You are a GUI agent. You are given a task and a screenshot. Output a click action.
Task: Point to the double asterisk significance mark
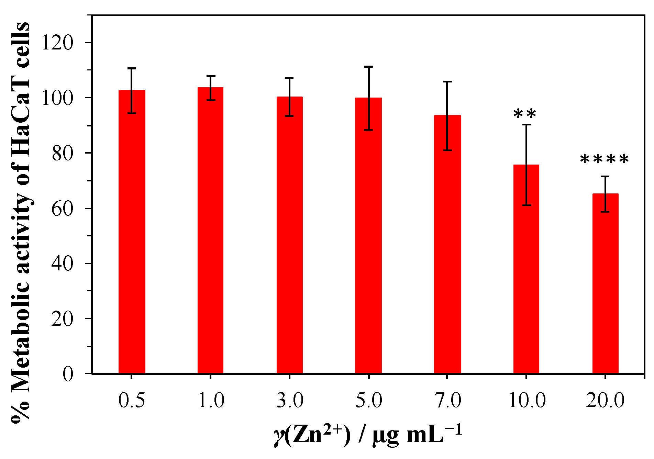coord(525,114)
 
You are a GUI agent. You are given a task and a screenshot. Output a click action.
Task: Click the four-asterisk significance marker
coord(605,160)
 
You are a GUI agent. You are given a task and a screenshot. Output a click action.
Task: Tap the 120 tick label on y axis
coord(57,43)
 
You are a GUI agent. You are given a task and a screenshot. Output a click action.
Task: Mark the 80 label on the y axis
coord(62,153)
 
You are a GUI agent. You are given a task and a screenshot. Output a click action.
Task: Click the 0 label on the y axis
coord(68,374)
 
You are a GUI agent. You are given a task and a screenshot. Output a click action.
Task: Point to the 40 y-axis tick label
coord(62,264)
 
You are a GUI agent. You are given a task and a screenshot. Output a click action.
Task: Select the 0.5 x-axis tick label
coord(132,401)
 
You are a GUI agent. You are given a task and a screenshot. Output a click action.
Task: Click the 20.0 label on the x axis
coord(605,401)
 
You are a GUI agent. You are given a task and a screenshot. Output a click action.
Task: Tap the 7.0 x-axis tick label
coord(447,401)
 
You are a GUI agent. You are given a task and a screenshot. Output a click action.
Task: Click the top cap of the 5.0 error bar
coord(368,67)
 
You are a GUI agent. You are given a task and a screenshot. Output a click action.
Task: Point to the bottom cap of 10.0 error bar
coord(526,205)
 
